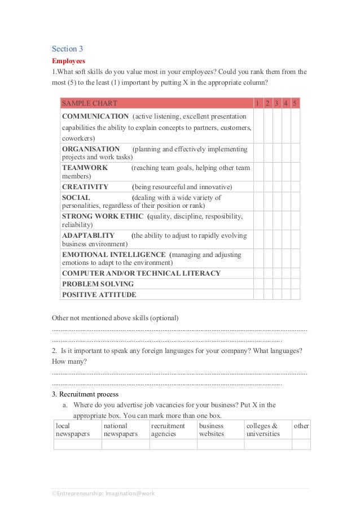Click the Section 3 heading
tap(67, 49)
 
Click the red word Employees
tap(68, 60)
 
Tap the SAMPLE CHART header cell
tap(90, 103)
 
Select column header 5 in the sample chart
tap(295, 103)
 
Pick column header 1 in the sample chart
tap(258, 103)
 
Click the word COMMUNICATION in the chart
tap(95, 116)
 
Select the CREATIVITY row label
tap(85, 187)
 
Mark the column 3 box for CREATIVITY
tap(277, 187)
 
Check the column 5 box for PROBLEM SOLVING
tap(295, 284)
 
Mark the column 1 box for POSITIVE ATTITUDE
tap(258, 295)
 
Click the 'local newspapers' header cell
tap(77, 430)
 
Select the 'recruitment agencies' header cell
tap(173, 430)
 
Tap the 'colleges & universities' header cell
tap(267, 430)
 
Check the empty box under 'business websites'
tap(220, 444)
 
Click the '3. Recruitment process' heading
tap(85, 394)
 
